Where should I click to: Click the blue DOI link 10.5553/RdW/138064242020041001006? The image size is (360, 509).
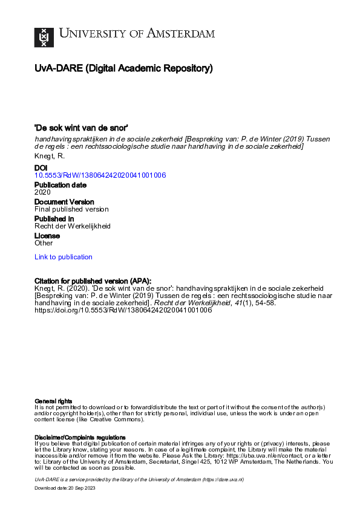point(100,175)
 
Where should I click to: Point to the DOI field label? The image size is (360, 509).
point(41,167)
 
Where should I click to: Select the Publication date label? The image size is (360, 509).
point(60,184)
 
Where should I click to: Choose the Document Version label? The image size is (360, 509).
point(64,201)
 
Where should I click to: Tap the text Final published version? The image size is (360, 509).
point(71,209)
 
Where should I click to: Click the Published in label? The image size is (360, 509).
point(54,218)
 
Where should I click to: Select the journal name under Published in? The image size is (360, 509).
point(73,226)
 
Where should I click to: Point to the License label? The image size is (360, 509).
point(47,235)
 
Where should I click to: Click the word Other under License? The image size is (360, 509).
point(44,243)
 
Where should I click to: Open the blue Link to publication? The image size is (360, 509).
point(64,257)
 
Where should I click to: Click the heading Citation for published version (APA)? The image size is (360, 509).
point(93,280)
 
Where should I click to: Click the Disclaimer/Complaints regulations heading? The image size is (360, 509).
point(80,437)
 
